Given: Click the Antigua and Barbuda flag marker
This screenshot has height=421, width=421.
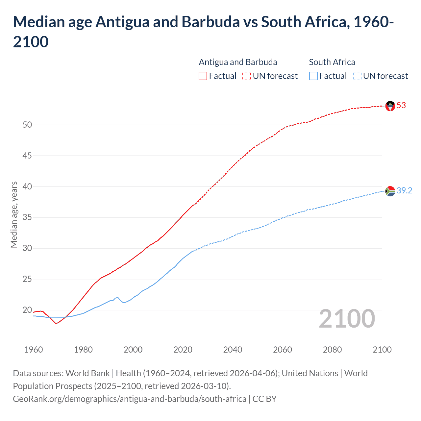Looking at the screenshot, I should coord(390,106).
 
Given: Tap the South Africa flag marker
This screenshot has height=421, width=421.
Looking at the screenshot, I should coord(390,191).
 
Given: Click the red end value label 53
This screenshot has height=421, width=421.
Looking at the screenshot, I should coord(401,106).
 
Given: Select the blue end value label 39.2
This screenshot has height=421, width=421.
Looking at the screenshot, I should coord(404,191).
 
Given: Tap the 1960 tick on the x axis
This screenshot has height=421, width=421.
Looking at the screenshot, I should coord(34,350).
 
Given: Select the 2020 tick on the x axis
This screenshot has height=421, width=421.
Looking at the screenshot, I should coord(183,350).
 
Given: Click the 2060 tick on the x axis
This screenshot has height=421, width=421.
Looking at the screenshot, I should coord(283,350).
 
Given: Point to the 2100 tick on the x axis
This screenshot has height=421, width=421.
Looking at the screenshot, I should coord(382,350).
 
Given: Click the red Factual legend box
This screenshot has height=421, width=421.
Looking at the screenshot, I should coord(203,76).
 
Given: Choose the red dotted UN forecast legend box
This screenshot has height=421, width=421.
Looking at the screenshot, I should coord(247,76).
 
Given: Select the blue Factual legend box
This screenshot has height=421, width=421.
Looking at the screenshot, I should coord(313,76).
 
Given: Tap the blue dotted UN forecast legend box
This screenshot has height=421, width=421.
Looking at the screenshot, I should coord(357,76).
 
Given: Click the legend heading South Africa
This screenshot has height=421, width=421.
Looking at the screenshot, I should coord(332,62).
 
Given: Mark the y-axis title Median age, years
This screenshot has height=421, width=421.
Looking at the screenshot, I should coord(14,214).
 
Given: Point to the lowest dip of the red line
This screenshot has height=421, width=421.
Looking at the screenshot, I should coord(56,323).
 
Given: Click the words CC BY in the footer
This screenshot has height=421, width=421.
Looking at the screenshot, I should coord(264,399).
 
